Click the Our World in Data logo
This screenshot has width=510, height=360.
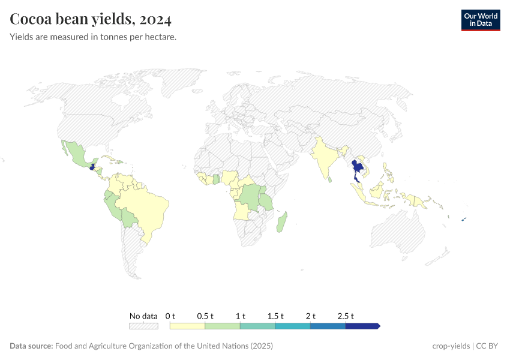[x=480, y=20]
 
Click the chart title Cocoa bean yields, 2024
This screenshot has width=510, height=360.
[x=91, y=19]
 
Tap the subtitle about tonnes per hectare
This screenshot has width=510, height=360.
[x=93, y=37]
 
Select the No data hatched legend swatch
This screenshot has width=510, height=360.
[x=143, y=326]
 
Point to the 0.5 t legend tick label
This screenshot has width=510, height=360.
[x=205, y=316]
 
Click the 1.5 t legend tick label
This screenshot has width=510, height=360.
[x=275, y=316]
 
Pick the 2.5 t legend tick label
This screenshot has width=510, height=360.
[x=346, y=316]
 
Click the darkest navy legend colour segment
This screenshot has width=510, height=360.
[x=362, y=326]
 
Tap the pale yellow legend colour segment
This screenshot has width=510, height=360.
[x=187, y=326]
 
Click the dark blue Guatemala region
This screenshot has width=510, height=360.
[x=91, y=167]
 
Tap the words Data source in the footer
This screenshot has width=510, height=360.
[x=31, y=346]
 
